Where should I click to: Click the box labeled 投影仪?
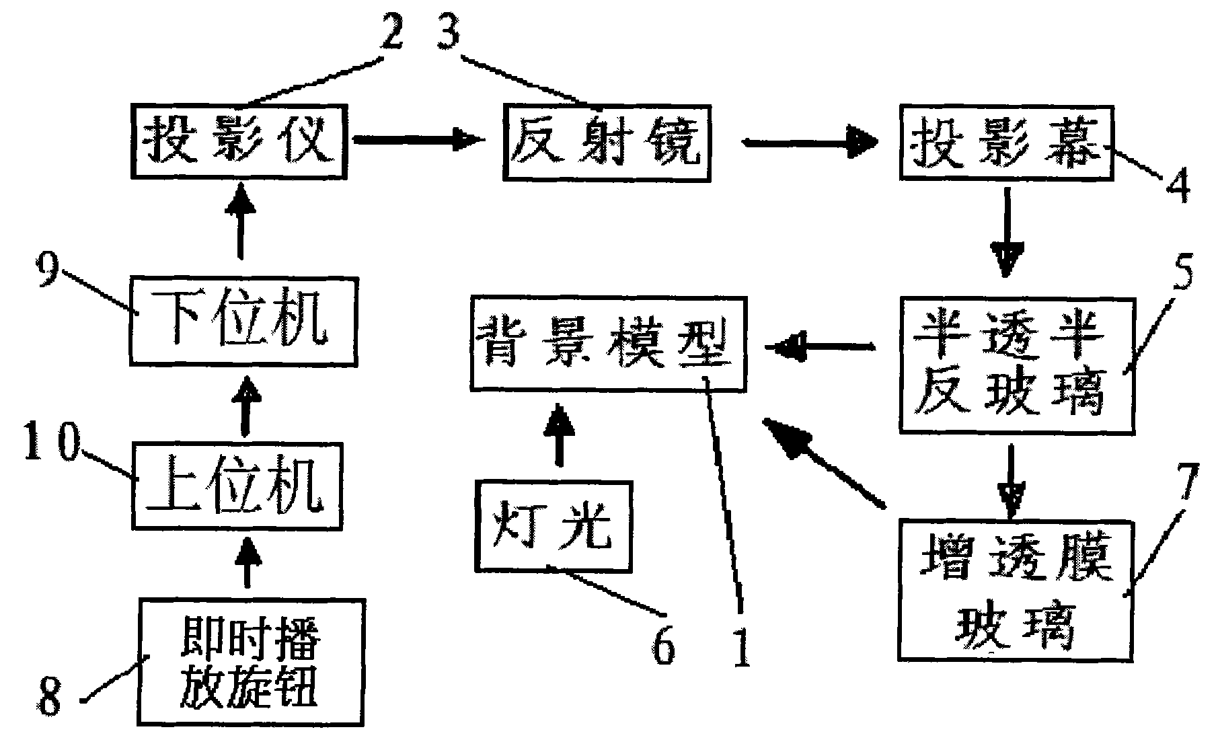click(239, 142)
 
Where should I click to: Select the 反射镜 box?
click(607, 142)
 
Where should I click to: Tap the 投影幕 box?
click(1006, 143)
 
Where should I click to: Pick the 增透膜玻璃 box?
click(1016, 589)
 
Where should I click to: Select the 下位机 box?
click(242, 320)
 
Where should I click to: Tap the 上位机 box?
click(237, 486)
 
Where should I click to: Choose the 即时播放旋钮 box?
click(250, 661)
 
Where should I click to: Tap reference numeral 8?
click(49, 697)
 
